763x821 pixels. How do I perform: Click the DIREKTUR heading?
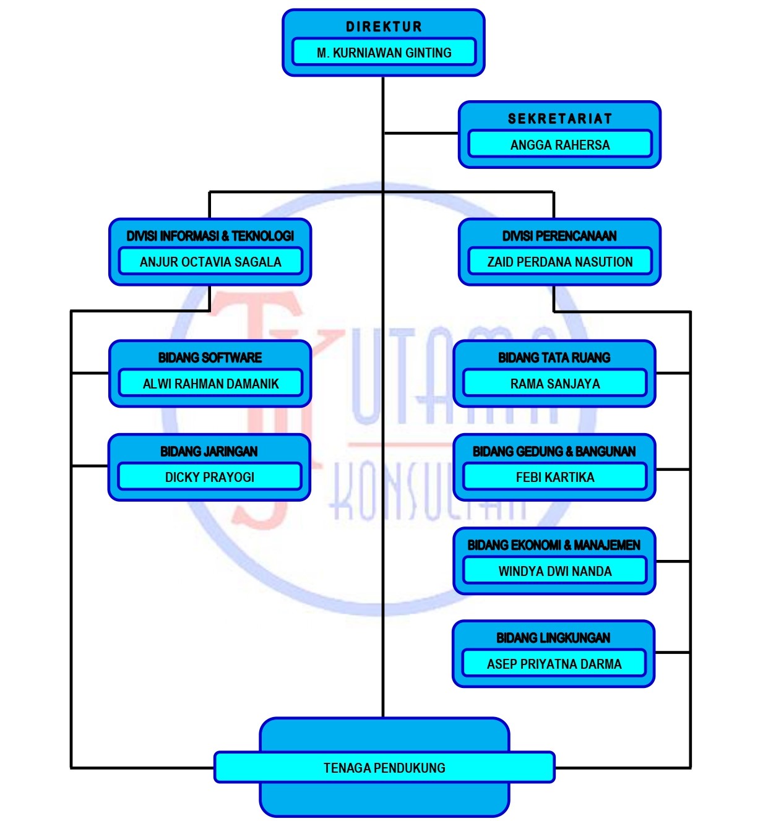point(384,27)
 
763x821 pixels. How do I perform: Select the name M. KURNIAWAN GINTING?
point(384,53)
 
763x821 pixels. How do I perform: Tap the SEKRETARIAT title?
point(559,119)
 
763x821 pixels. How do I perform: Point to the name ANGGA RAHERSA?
point(559,145)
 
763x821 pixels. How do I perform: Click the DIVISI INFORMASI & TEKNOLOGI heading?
point(210,236)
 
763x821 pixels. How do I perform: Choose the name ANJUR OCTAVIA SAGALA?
point(210,262)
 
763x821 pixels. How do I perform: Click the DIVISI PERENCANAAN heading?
point(559,236)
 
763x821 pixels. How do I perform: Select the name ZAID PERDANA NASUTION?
point(559,262)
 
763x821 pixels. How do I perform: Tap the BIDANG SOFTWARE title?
point(210,358)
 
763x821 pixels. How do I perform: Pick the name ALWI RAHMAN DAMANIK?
point(210,384)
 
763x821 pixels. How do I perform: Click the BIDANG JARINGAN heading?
point(209,452)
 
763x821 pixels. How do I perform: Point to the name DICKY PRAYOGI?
point(209,477)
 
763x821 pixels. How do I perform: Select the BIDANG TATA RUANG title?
point(554,358)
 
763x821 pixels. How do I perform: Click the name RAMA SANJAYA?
point(554,384)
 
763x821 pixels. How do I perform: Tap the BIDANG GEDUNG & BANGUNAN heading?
point(554,452)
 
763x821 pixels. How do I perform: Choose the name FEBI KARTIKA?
point(554,477)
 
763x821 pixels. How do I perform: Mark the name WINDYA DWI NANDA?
point(554,571)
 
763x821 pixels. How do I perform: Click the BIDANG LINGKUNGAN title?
point(553,638)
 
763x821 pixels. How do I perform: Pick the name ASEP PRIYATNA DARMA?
point(554,664)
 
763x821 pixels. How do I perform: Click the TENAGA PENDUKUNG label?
point(384,768)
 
